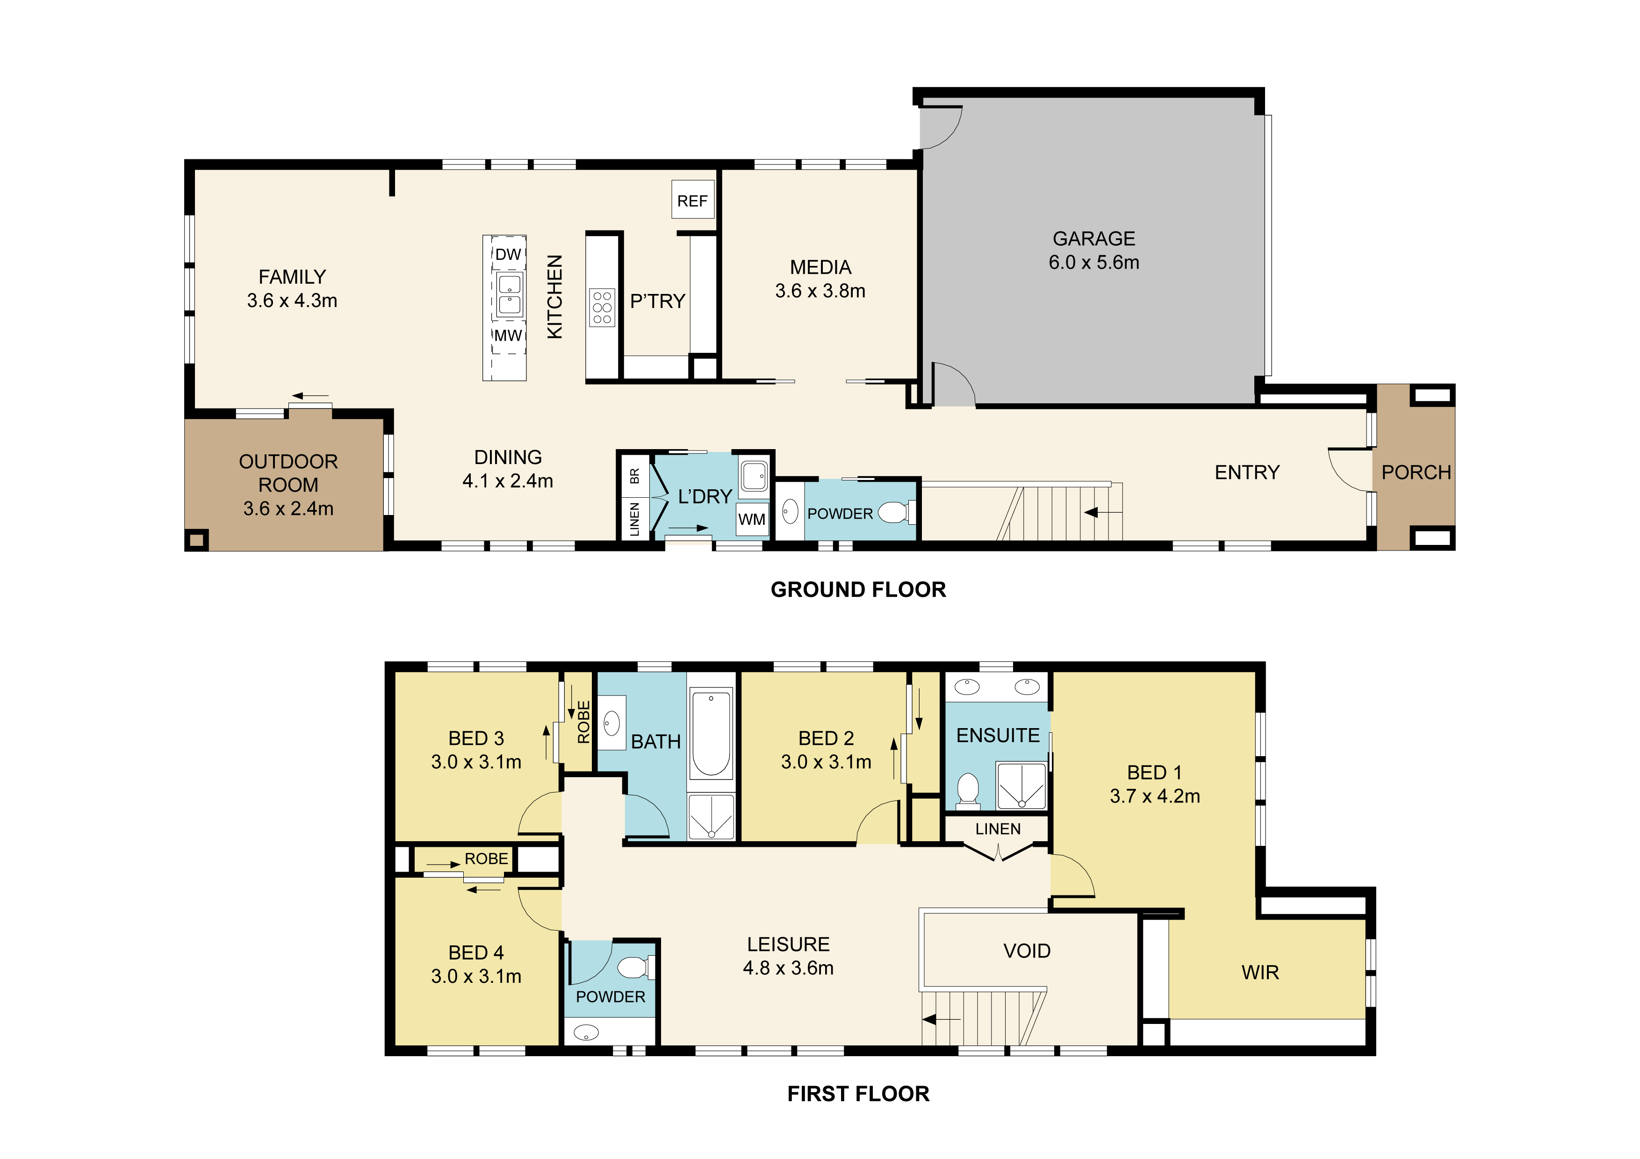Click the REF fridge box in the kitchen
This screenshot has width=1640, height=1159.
click(x=692, y=200)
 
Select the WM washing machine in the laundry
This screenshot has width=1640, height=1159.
click(x=752, y=519)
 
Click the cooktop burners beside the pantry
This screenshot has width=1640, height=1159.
click(x=602, y=307)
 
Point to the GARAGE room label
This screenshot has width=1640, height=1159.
click(x=1093, y=238)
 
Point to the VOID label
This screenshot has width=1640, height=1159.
click(x=1027, y=951)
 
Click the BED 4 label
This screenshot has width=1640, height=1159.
click(x=476, y=952)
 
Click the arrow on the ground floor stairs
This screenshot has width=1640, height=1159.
click(x=1103, y=512)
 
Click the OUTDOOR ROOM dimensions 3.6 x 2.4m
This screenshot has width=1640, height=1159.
click(x=288, y=508)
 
